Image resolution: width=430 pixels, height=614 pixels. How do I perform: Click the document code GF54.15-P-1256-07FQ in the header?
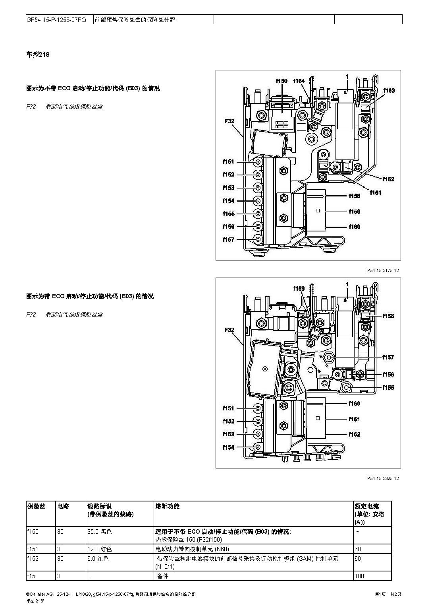(x=56, y=19)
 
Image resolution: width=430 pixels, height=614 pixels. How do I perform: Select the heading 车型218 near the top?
(x=38, y=55)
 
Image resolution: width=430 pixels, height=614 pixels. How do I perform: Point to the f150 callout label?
(x=282, y=81)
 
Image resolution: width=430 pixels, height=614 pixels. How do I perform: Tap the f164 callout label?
(x=299, y=81)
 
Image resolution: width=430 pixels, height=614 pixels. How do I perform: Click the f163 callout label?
(x=389, y=91)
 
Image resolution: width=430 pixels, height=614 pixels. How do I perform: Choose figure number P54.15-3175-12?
(x=383, y=270)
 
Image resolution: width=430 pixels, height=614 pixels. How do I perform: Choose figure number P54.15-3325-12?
(x=383, y=478)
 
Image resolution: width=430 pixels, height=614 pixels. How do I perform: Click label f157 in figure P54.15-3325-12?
(x=388, y=358)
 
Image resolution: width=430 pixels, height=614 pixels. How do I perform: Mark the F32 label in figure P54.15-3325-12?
(x=229, y=330)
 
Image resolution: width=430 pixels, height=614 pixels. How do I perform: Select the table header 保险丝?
(x=37, y=506)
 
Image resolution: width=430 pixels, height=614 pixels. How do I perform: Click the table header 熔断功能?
(x=167, y=506)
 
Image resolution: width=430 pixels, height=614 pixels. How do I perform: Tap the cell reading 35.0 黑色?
(x=99, y=532)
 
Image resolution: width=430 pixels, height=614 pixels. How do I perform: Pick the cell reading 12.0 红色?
(x=99, y=549)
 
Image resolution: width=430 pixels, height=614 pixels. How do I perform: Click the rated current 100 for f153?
(x=359, y=576)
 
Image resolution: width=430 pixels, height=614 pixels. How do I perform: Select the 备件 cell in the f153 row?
(x=163, y=576)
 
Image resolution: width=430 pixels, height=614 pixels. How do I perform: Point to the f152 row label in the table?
(x=33, y=559)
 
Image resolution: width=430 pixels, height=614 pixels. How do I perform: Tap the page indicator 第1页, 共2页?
(x=388, y=594)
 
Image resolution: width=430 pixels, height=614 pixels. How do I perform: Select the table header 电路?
(x=63, y=506)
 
